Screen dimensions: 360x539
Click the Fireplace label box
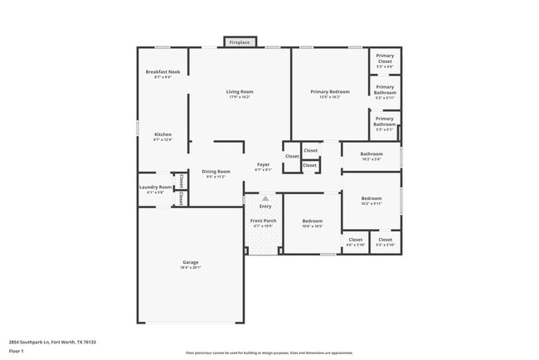[x=240, y=41]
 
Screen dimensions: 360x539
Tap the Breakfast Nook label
[x=163, y=72]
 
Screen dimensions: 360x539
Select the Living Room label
[x=240, y=91]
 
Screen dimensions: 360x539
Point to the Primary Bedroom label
[x=330, y=91]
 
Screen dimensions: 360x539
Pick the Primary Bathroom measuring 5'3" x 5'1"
[x=385, y=122]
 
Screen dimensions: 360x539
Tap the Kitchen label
[x=163, y=134]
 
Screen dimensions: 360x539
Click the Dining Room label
[x=215, y=172]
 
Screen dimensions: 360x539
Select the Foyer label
[x=263, y=165]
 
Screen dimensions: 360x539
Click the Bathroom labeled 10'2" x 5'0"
[x=371, y=154]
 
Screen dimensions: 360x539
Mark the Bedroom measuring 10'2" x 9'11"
[x=371, y=199]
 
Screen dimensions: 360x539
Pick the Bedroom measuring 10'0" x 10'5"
[x=312, y=221]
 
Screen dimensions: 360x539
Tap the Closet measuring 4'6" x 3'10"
[x=355, y=241]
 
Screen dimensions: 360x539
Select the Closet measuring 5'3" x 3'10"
[x=385, y=241]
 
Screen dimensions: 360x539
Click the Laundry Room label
[x=155, y=187]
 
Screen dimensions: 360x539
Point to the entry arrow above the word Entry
[x=265, y=199]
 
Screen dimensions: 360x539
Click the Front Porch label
[x=263, y=221]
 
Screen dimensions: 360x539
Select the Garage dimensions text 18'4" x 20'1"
[x=191, y=268]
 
